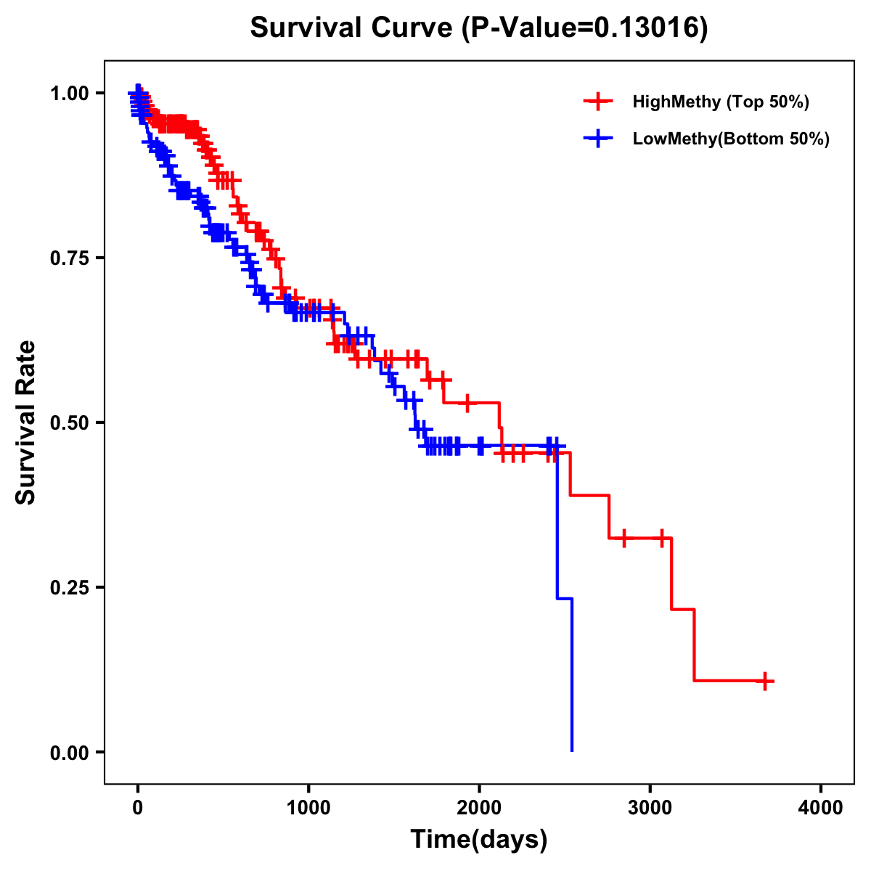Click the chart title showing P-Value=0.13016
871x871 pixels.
479,28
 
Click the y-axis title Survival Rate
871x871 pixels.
26,422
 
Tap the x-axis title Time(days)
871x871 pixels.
479,840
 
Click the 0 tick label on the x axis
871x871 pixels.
138,808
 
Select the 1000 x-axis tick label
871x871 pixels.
308,808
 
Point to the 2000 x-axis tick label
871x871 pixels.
479,808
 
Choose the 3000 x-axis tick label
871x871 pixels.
650,808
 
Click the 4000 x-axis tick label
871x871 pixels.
821,808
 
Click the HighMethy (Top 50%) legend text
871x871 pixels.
721,102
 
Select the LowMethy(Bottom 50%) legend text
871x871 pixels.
731,139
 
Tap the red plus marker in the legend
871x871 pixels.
598,102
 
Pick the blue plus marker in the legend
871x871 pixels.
598,139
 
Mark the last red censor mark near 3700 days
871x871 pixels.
765,681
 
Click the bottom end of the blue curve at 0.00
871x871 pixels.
572,750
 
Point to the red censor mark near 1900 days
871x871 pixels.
467,402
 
